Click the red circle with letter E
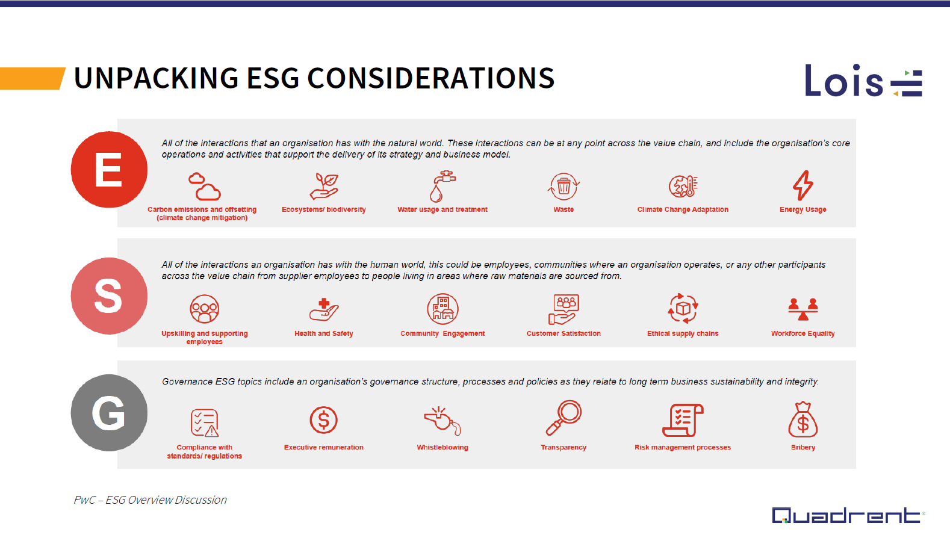coord(109,170)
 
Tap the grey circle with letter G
coord(109,413)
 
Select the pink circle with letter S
coord(109,296)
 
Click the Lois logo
coord(863,81)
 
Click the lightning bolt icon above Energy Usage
coord(803,185)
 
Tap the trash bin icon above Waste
coord(563,186)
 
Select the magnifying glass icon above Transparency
coord(563,417)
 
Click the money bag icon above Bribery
coord(803,419)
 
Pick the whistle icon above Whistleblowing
coord(442,420)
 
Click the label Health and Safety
coord(323,333)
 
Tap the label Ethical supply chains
coord(683,333)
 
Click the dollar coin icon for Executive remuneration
coord(323,420)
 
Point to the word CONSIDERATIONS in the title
coord(430,78)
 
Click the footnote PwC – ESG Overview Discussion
coord(150,500)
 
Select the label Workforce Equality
coord(803,333)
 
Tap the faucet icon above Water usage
coord(442,186)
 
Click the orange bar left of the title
coord(31,78)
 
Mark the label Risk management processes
coord(682,447)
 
